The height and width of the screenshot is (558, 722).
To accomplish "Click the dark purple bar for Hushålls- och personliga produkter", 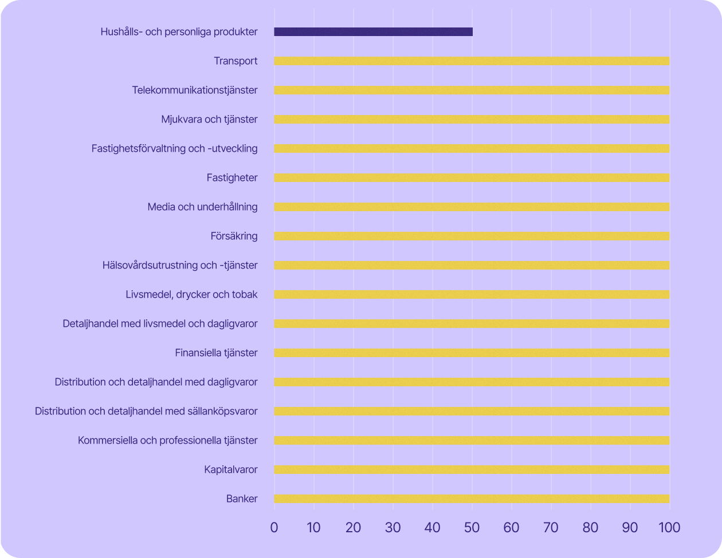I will (x=373, y=32).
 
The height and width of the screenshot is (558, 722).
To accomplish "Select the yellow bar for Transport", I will (x=472, y=61).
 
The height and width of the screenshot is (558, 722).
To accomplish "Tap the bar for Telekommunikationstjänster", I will (x=472, y=90).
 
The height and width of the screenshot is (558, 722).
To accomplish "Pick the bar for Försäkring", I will (x=472, y=236).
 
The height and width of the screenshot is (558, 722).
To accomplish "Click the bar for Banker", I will (x=472, y=499).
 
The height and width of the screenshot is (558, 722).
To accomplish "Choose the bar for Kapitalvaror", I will (x=472, y=470).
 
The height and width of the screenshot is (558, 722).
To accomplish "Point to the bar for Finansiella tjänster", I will (x=472, y=353).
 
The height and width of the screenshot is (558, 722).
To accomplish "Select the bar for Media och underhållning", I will (x=472, y=207).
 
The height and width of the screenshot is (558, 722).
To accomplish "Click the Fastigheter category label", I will (x=232, y=178).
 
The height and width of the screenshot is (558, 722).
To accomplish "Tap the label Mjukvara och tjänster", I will (x=209, y=120).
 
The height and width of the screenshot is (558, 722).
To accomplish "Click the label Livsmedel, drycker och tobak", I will (x=191, y=295).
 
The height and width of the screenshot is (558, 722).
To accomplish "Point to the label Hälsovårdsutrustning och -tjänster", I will (x=180, y=266).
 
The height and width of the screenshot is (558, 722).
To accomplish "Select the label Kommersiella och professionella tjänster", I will (x=167, y=441).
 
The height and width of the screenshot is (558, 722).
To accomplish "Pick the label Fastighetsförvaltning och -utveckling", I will (x=174, y=149).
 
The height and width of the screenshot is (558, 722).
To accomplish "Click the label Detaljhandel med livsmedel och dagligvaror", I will (x=160, y=324).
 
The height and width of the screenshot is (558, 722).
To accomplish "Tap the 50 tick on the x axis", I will (x=472, y=527).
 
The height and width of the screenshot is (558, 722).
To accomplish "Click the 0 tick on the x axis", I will (x=274, y=527).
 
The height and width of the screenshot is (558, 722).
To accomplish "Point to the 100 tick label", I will (x=669, y=527).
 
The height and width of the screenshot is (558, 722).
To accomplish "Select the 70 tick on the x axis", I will (x=551, y=527).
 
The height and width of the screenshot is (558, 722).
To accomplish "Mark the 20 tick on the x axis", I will (x=353, y=527).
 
